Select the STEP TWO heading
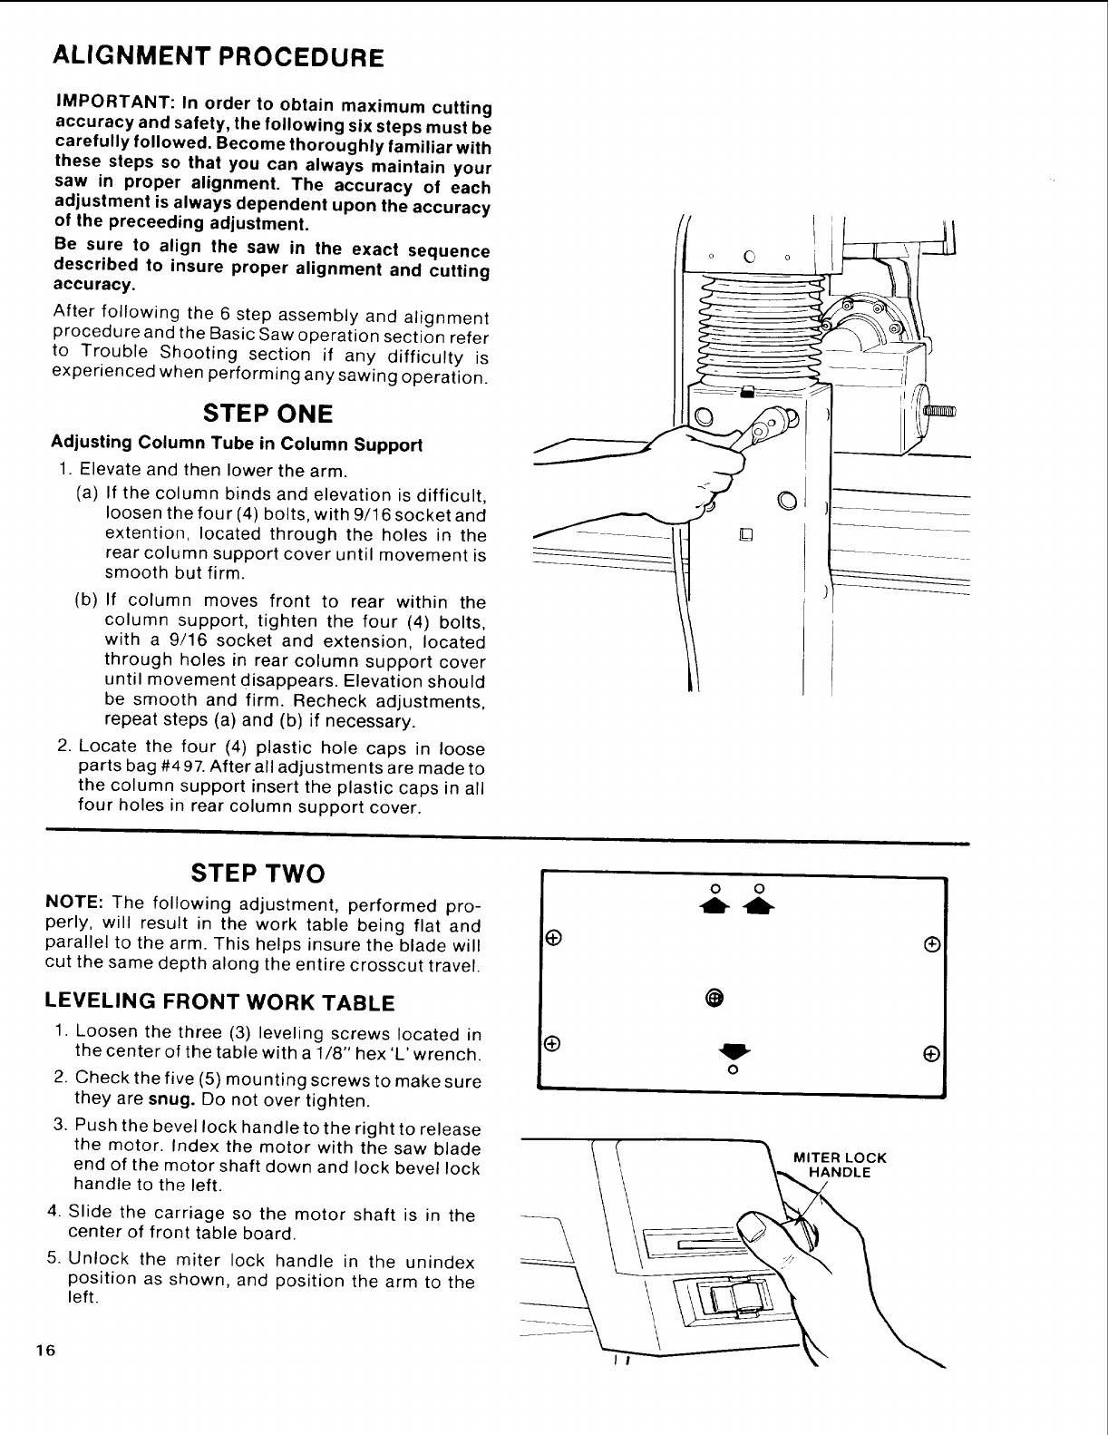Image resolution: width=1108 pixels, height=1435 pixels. click(257, 874)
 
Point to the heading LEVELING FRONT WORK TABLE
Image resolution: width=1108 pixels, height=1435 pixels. click(220, 1002)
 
